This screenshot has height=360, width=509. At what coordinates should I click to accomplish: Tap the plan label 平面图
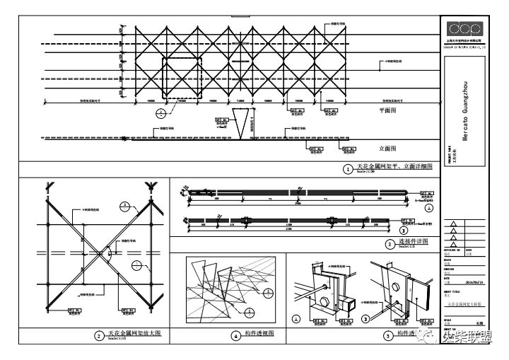click(390, 111)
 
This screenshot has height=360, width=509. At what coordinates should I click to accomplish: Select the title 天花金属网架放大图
click(134, 334)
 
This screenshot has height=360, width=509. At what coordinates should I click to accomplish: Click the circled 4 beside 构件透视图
click(236, 335)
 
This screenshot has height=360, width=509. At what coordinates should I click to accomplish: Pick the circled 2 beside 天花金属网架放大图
click(99, 335)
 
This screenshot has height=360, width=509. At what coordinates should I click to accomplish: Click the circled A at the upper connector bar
click(428, 209)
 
